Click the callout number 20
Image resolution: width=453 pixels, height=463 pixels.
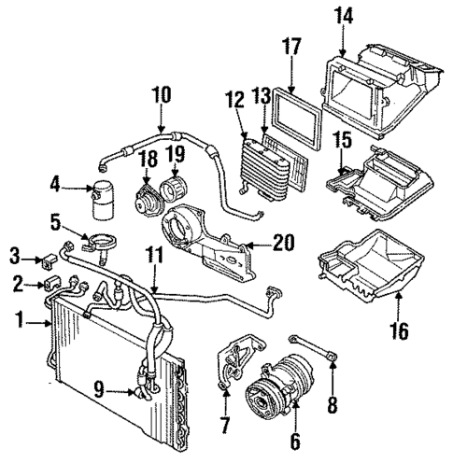click(x=284, y=244)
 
